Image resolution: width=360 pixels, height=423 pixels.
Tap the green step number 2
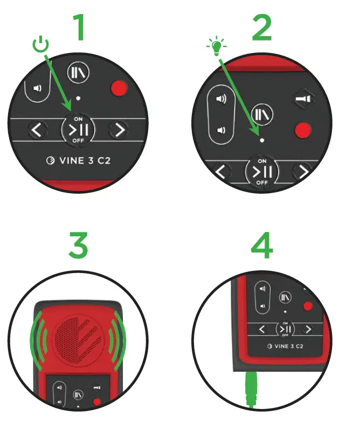tap(262, 28)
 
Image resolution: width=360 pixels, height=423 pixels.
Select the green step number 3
tap(78, 245)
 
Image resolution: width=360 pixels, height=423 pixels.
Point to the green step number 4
tap(262, 245)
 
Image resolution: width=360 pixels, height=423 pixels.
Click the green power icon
tap(41, 44)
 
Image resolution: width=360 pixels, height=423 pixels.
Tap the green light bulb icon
tap(217, 46)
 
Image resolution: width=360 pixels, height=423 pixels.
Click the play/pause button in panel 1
tap(78, 129)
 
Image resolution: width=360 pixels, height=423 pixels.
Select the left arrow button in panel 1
tap(37, 130)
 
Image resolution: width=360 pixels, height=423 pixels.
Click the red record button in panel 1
tap(119, 88)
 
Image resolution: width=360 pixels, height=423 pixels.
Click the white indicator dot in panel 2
tap(262, 140)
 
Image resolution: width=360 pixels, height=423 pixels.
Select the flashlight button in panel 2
tap(304, 99)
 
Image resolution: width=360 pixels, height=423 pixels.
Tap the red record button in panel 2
tap(303, 131)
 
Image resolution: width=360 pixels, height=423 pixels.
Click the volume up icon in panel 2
tap(221, 99)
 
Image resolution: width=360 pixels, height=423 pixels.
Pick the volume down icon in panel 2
tap(221, 131)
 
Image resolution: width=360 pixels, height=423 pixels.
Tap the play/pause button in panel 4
tap(285, 329)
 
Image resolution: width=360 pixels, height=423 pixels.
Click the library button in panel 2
tap(262, 114)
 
